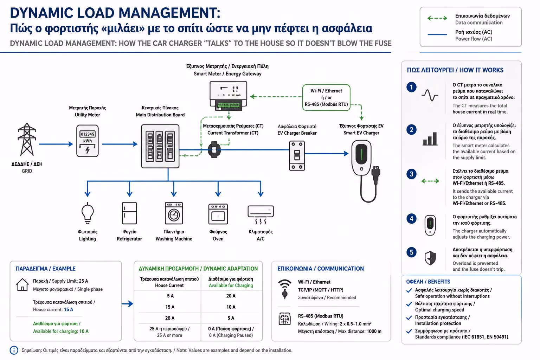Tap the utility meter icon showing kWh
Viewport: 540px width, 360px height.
87,141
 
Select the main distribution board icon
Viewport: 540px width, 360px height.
160,146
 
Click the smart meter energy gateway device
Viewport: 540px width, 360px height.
228,96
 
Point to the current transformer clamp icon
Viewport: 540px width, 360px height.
214,150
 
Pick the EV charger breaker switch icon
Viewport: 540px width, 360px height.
297,155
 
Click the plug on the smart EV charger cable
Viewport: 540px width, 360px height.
376,173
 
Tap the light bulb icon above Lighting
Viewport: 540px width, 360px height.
88,213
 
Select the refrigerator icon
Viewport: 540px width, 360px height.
129,213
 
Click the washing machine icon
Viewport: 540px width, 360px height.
174,213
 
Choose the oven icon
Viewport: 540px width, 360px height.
218,214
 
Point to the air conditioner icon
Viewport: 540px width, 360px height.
261,214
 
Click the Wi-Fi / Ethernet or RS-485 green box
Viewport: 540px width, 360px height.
326,97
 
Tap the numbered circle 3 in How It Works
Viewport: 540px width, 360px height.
411,174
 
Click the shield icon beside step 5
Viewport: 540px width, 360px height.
430,258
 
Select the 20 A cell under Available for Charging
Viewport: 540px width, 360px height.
231,296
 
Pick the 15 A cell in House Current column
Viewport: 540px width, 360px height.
170,307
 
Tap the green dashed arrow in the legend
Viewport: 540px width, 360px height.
437,18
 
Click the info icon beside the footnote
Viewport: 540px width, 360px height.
14,350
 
